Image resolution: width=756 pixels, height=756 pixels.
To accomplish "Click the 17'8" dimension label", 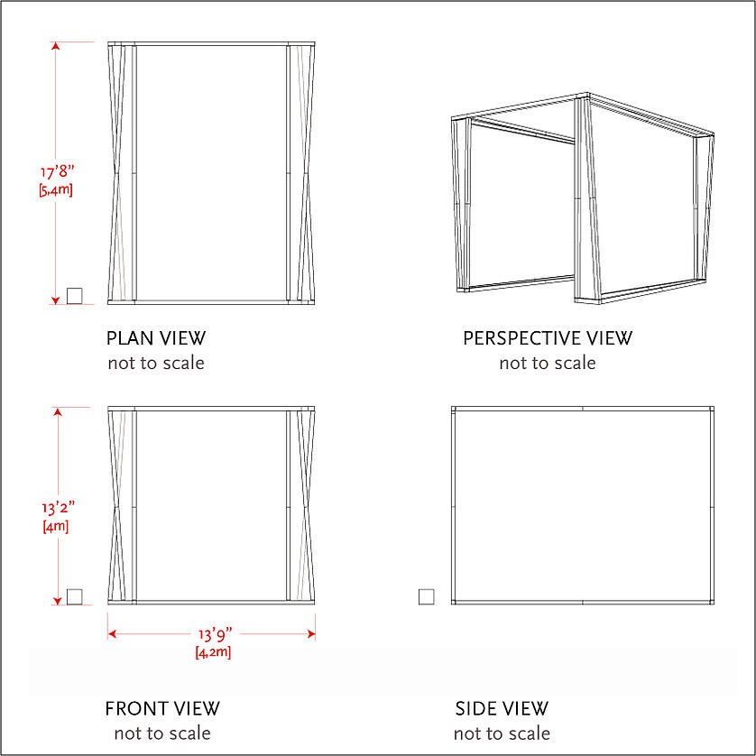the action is [x=58, y=171].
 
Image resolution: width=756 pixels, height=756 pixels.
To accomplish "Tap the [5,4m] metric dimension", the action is [x=56, y=190].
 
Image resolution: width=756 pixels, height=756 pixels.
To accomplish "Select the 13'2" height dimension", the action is [x=58, y=508].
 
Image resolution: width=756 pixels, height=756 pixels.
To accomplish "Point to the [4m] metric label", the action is [x=56, y=526].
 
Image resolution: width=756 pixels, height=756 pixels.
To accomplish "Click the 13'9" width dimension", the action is [x=215, y=634].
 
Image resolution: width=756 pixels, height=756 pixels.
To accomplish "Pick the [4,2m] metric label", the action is [x=213, y=652].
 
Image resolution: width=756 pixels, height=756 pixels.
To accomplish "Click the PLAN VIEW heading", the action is [x=156, y=338].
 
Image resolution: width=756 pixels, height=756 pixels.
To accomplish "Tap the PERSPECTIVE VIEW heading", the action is [x=548, y=338].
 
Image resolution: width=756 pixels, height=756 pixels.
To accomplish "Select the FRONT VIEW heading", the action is [x=162, y=709].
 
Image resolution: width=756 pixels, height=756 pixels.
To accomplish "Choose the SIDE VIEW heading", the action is [x=502, y=709].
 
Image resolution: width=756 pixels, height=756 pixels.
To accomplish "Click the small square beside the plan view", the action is [x=74, y=296].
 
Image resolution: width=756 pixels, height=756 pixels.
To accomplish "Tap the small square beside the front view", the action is [x=74, y=597].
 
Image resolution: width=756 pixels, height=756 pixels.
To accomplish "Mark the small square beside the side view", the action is [x=426, y=597].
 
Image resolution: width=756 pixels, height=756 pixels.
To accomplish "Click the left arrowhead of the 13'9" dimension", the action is [x=112, y=634].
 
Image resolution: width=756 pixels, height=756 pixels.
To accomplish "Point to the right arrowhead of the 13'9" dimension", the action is [x=311, y=634].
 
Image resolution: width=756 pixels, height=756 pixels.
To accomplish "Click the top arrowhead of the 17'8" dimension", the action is [x=55, y=46].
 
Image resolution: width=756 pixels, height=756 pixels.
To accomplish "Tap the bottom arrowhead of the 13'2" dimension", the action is [x=58, y=601].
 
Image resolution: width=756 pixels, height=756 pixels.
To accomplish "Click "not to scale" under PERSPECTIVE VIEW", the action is [x=548, y=363].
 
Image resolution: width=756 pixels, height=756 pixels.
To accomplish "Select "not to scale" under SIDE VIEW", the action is [x=502, y=733].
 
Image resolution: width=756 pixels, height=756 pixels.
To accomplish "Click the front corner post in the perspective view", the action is [x=586, y=198].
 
